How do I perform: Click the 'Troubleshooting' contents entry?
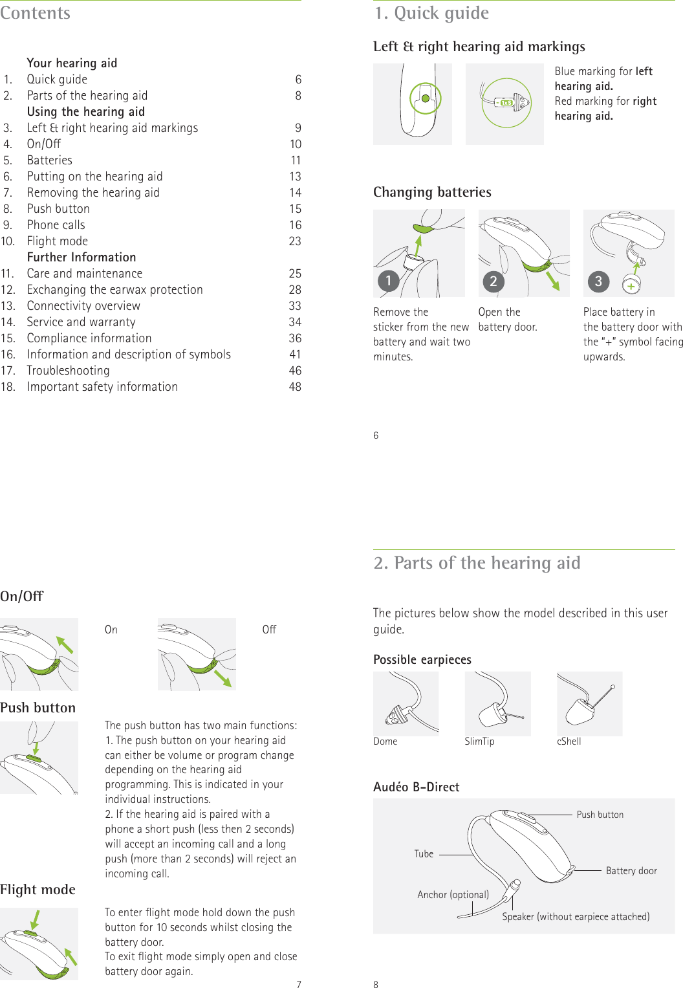(x=68, y=371)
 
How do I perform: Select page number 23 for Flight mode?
(x=295, y=241)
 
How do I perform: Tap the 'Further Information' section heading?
(x=81, y=258)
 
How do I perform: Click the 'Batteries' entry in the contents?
(x=50, y=160)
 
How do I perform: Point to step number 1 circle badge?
(x=388, y=281)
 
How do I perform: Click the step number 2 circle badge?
(x=493, y=281)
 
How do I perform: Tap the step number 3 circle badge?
(x=598, y=281)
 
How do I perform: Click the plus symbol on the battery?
(x=631, y=285)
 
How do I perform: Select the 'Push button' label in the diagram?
(x=600, y=815)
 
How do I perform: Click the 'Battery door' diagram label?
(x=631, y=871)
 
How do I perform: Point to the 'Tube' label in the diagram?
(x=424, y=854)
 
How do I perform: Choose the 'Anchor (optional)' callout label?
(x=453, y=895)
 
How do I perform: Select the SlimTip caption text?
(x=479, y=741)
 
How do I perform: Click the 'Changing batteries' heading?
(x=432, y=192)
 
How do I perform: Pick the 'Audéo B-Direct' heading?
(x=416, y=787)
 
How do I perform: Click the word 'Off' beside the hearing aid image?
(x=269, y=630)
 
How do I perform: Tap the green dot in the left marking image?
(x=426, y=98)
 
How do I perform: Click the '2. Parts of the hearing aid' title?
(x=477, y=563)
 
